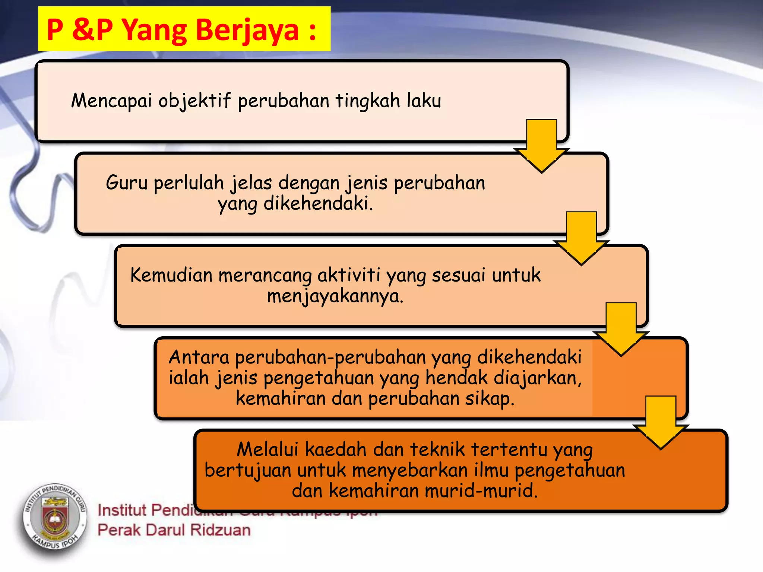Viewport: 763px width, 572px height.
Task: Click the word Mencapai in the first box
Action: [111, 101]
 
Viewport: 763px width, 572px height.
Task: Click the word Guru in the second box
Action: [127, 183]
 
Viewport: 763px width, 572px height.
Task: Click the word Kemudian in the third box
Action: [171, 275]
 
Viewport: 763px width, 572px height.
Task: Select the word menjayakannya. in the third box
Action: [335, 296]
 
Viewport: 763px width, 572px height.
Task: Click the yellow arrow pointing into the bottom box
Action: [661, 422]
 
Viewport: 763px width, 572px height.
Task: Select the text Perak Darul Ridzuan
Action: [174, 530]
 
